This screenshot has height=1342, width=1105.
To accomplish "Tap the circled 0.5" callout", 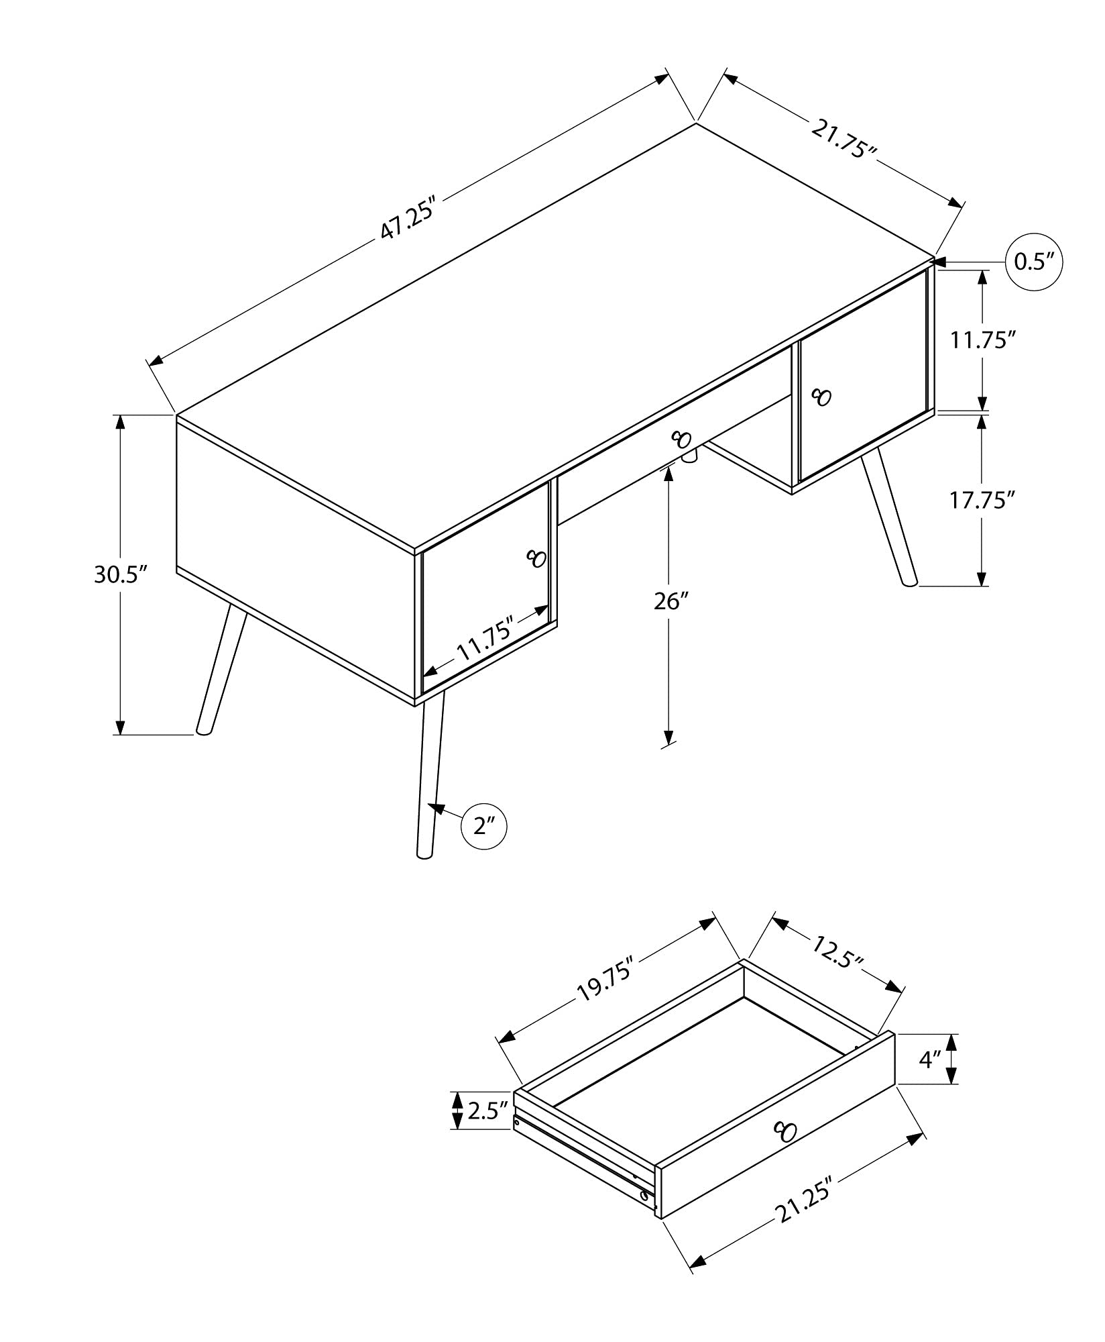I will (1035, 262).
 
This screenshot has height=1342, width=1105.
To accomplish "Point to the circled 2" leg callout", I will (483, 826).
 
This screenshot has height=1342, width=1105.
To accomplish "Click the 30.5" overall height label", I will (120, 575).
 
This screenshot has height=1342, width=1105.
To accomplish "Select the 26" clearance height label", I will (671, 601).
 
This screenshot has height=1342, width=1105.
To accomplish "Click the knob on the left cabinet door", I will (537, 558).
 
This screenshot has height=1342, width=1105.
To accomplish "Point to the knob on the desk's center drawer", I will (681, 440).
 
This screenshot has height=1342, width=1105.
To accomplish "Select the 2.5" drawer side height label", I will (486, 1111).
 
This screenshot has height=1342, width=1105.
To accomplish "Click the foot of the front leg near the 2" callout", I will (423, 856).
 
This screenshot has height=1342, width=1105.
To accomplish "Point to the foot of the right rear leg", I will (909, 583).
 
